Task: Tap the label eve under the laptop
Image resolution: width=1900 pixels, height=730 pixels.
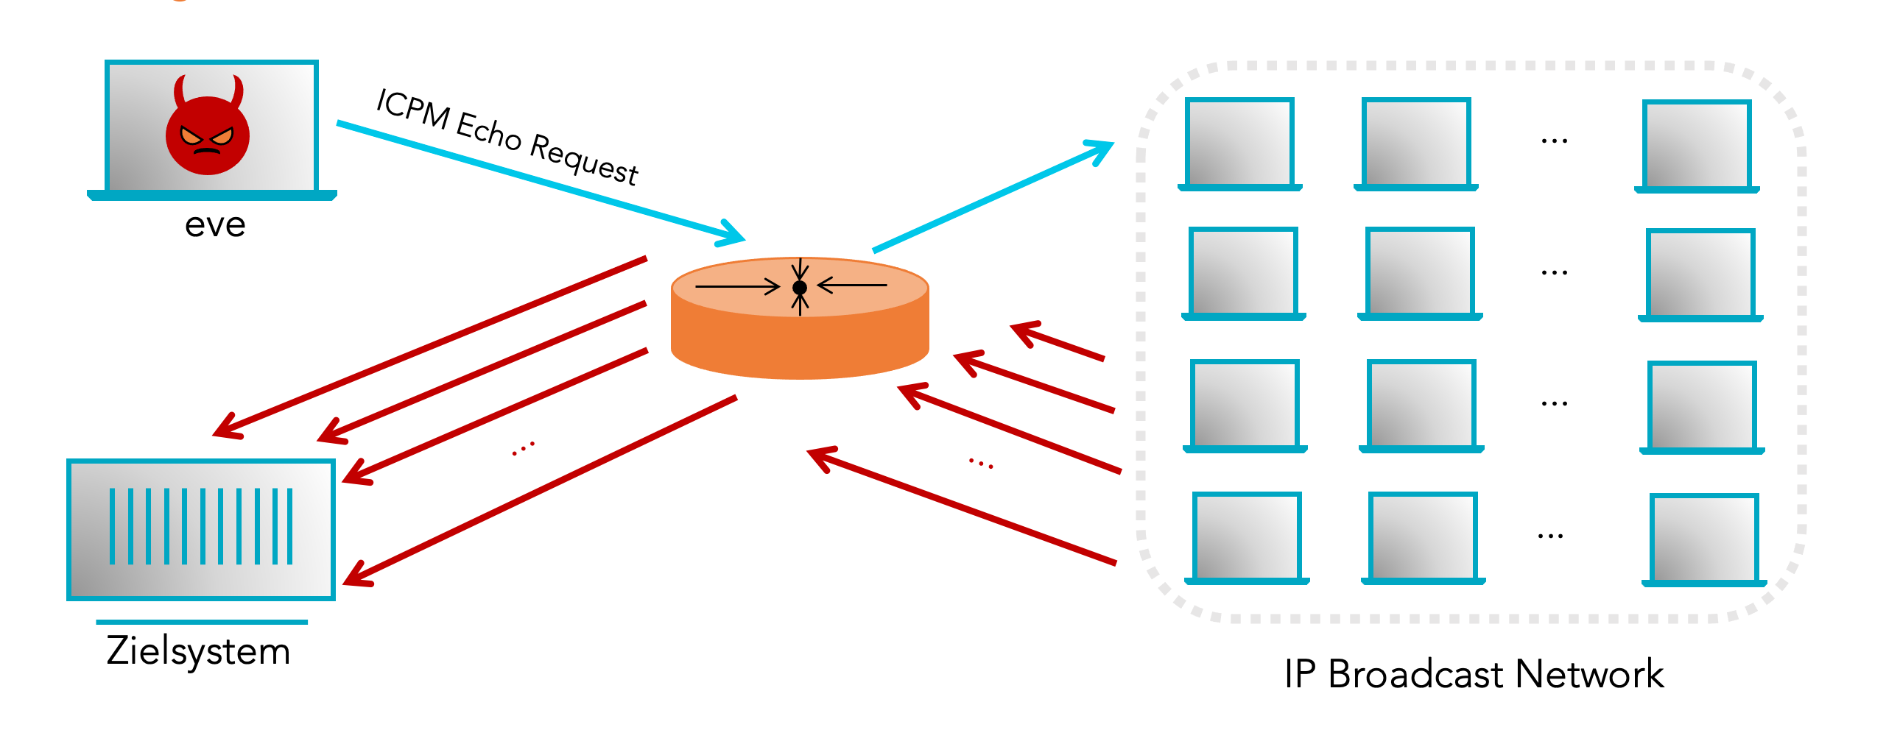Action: pyautogui.click(x=214, y=225)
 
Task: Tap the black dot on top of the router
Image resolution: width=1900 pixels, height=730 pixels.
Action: pyautogui.click(x=800, y=288)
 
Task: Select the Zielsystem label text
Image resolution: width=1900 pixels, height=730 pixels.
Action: pyautogui.click(x=198, y=651)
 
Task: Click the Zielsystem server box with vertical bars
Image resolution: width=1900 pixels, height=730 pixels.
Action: pyautogui.click(x=200, y=528)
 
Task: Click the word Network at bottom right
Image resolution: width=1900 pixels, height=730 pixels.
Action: pyautogui.click(x=1589, y=675)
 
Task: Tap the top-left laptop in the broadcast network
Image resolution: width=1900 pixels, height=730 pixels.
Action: pyautogui.click(x=1240, y=143)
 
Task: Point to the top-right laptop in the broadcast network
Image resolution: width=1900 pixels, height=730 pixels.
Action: pyautogui.click(x=1697, y=146)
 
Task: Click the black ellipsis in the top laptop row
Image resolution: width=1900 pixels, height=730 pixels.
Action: pyautogui.click(x=1554, y=140)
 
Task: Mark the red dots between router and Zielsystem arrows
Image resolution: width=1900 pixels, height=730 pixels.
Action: pyautogui.click(x=523, y=448)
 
